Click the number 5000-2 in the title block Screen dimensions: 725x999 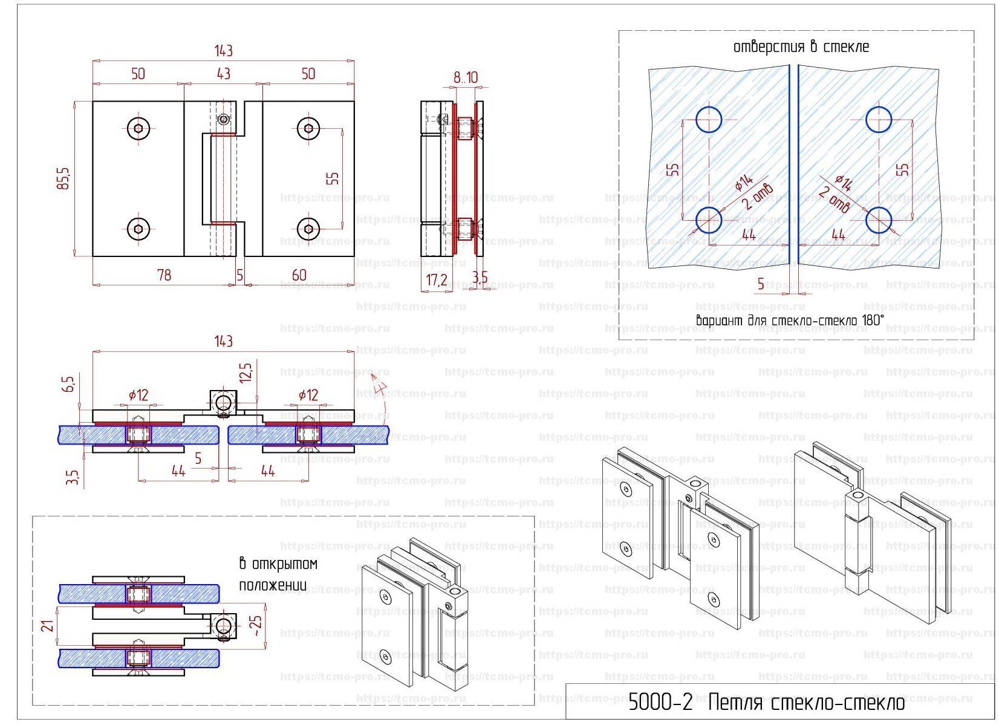[660, 702]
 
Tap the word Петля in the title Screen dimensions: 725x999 [735, 703]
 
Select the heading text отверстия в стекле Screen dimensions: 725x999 [801, 47]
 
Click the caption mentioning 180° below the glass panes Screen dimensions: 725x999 [790, 320]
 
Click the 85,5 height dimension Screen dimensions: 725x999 [63, 178]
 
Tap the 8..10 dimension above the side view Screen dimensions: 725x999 [466, 77]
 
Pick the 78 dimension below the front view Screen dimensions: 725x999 [164, 275]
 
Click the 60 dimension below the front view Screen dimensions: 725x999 [299, 275]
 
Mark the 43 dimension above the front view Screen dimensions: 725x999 [223, 74]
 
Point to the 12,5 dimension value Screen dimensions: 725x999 [245, 373]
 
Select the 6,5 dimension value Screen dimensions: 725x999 [69, 383]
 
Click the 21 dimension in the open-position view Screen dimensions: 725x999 [48, 625]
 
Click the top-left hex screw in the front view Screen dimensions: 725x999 [139, 128]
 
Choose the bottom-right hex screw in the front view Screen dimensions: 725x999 [309, 229]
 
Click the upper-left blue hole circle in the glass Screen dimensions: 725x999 [709, 120]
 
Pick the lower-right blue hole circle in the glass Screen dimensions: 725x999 [878, 220]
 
